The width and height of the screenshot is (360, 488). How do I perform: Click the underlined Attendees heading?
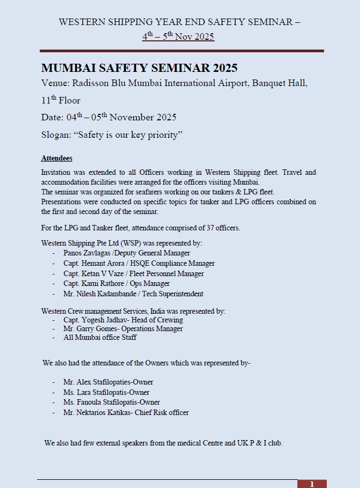click(57, 158)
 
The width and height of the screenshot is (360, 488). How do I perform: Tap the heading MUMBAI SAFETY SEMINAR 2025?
click(139, 68)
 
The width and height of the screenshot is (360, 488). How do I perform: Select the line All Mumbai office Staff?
click(100, 338)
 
